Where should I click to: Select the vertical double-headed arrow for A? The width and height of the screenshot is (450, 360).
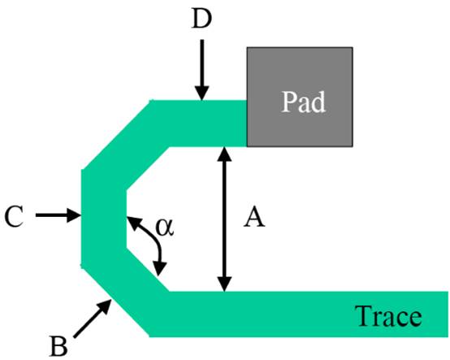pos(221,218)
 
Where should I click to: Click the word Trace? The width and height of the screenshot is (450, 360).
pos(387,315)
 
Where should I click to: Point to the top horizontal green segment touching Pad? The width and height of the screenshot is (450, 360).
pos(199,112)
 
